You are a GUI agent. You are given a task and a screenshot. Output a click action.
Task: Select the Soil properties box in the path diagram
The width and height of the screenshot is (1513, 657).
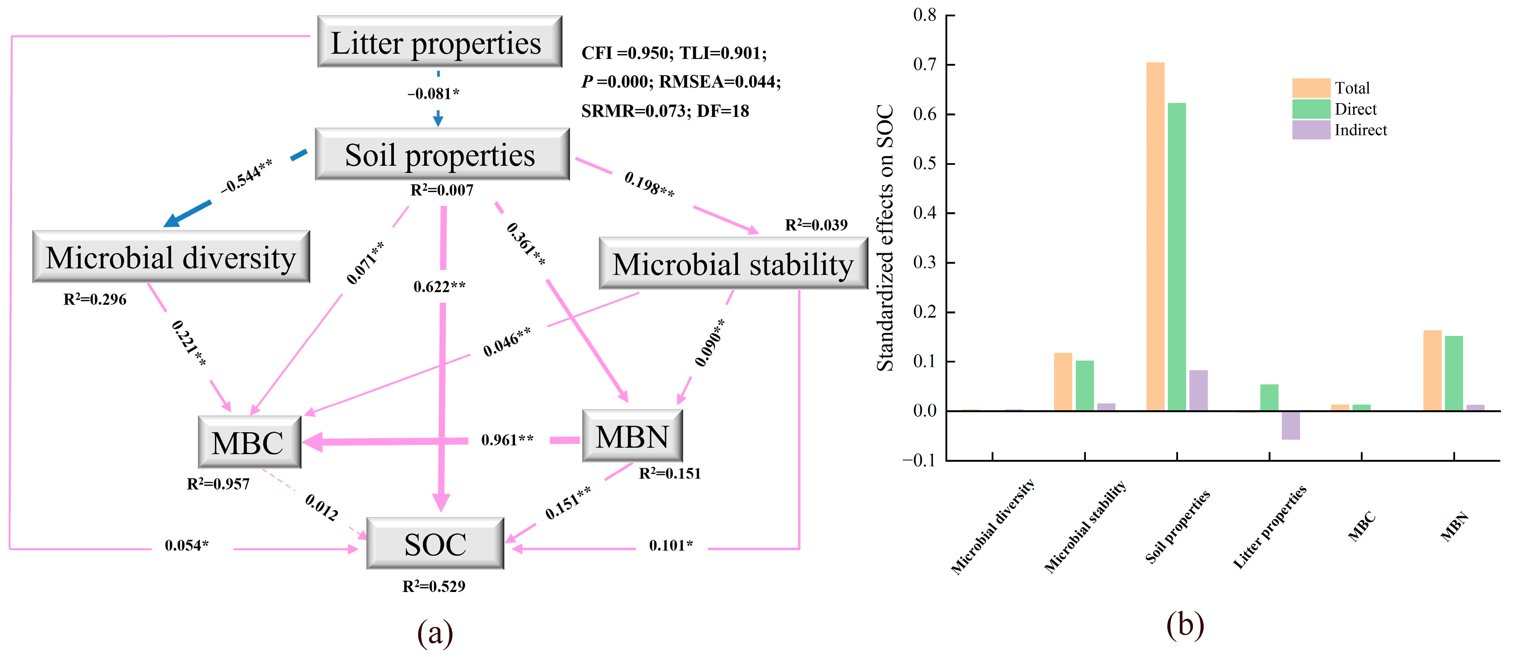pos(442,155)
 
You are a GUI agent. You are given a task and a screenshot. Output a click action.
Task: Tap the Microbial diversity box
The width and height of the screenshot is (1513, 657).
pos(171,257)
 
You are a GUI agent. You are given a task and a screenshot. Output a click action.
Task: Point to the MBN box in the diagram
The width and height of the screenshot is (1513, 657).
pos(632,437)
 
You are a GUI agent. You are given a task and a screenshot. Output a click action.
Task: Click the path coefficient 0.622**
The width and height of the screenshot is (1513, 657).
pos(439,287)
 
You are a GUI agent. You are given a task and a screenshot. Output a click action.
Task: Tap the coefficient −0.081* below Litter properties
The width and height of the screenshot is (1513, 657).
pos(434,94)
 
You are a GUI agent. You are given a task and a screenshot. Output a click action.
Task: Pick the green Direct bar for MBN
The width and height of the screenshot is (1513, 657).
pos(1454,373)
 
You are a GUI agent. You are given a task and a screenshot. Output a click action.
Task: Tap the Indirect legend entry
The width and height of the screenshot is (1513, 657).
pos(1360,130)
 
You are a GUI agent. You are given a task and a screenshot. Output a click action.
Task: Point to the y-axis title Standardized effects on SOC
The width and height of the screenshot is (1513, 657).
pos(885,238)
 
